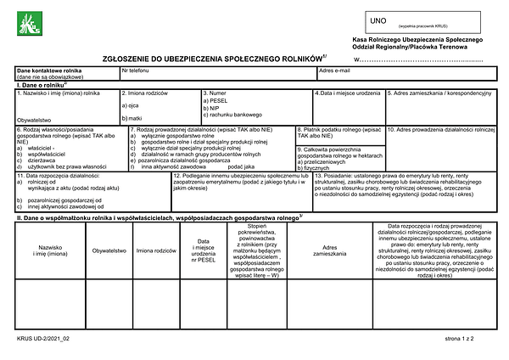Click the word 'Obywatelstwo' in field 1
(35, 121)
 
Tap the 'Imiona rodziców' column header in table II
(155, 251)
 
